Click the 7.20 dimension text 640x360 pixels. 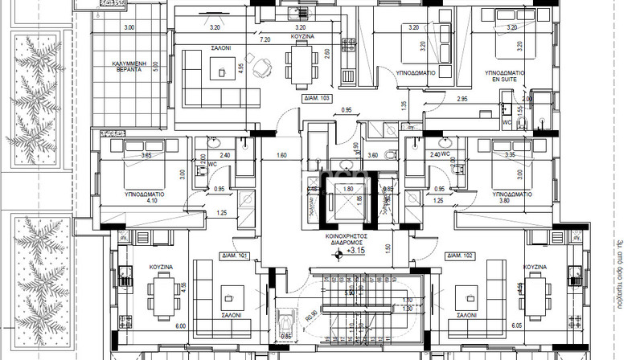coord(265,38)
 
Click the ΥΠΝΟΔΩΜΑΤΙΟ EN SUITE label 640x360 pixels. coord(504,76)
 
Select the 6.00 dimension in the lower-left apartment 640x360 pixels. coord(180,326)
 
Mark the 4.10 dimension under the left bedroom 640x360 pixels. coord(153,201)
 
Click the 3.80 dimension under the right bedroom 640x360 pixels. coord(504,201)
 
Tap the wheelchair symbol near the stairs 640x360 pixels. coord(283,320)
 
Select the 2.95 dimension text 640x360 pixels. coord(462,99)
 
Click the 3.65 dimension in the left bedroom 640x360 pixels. coord(146,155)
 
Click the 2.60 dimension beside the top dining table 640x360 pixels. coord(326,55)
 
